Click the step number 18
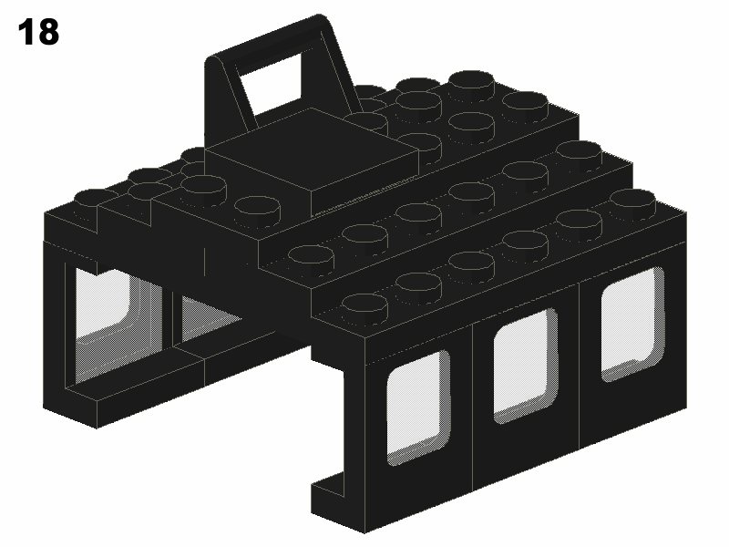coord(38,32)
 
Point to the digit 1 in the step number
coord(26,32)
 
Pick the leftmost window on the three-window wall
coord(418,407)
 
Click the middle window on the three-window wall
coord(526,366)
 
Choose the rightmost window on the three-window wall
coord(632,324)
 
